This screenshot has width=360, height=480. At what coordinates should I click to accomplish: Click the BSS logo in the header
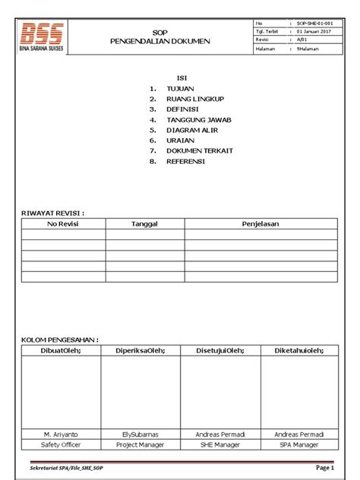(42, 35)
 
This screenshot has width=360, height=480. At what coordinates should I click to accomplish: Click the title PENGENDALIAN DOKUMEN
(159, 41)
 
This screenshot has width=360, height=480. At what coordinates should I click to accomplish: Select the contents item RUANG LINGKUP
(195, 99)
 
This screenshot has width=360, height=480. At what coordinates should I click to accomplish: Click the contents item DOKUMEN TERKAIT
(199, 150)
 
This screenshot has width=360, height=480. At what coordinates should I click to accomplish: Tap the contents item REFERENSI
(185, 161)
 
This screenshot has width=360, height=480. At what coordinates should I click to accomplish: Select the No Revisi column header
(63, 224)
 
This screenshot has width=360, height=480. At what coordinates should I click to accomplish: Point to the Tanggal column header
(144, 224)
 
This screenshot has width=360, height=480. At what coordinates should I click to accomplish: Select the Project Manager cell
(141, 444)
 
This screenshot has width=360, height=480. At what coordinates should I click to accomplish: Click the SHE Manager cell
(219, 444)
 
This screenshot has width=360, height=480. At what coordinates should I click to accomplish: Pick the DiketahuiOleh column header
(298, 350)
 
